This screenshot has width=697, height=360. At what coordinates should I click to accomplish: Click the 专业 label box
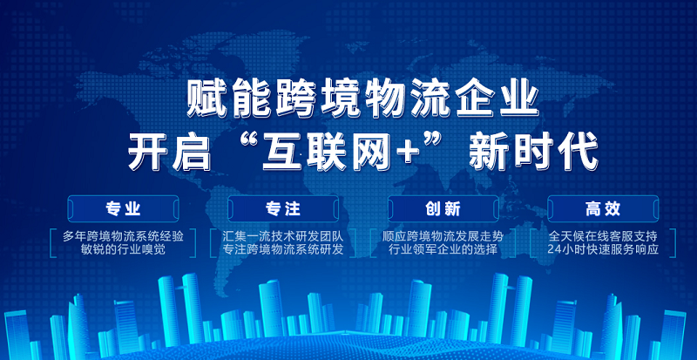pos(123,208)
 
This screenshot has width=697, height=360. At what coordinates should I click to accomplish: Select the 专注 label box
pos(283,208)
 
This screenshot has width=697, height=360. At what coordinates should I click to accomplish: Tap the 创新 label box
pos(443,208)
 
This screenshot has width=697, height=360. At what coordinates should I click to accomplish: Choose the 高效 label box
pos(603,208)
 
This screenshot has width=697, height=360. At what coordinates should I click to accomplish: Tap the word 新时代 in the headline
pos(534,154)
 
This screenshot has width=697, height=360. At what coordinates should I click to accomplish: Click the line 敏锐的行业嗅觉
pos(123,249)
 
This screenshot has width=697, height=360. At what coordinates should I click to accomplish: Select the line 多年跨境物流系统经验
pos(123,236)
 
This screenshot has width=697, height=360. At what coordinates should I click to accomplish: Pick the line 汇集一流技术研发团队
pos(283,236)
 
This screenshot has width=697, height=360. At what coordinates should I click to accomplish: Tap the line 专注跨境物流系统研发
pos(283,249)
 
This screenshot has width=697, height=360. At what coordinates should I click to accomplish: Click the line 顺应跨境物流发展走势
pos(443,236)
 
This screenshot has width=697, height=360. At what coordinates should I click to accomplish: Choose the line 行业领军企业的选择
pos(443,249)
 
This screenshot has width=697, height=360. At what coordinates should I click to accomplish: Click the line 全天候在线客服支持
pos(603,236)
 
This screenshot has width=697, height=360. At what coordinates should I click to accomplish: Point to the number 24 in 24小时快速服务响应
pos(554,249)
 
